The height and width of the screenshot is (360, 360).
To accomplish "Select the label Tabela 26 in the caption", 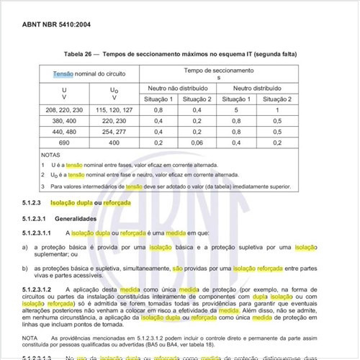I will (x=82, y=55).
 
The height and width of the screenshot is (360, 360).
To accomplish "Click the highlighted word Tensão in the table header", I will (x=64, y=74).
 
